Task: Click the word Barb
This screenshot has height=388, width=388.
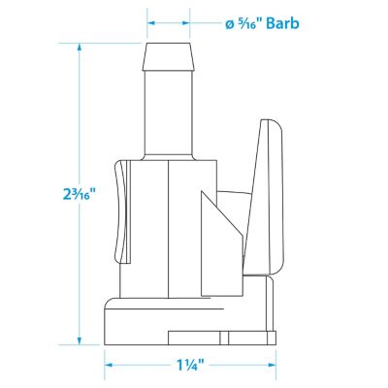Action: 282,23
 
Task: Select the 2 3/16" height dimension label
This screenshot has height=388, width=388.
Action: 80,194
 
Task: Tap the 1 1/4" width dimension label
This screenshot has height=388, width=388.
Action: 190,366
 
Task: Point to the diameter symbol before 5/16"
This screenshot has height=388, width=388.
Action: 230,25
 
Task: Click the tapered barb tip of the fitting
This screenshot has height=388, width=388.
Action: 169,56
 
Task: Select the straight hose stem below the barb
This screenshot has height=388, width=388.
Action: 168,113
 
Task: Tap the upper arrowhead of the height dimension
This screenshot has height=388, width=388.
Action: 80,48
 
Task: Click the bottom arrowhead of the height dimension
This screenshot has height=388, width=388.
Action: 80,340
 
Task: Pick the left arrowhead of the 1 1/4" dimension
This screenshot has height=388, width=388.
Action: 109,366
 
